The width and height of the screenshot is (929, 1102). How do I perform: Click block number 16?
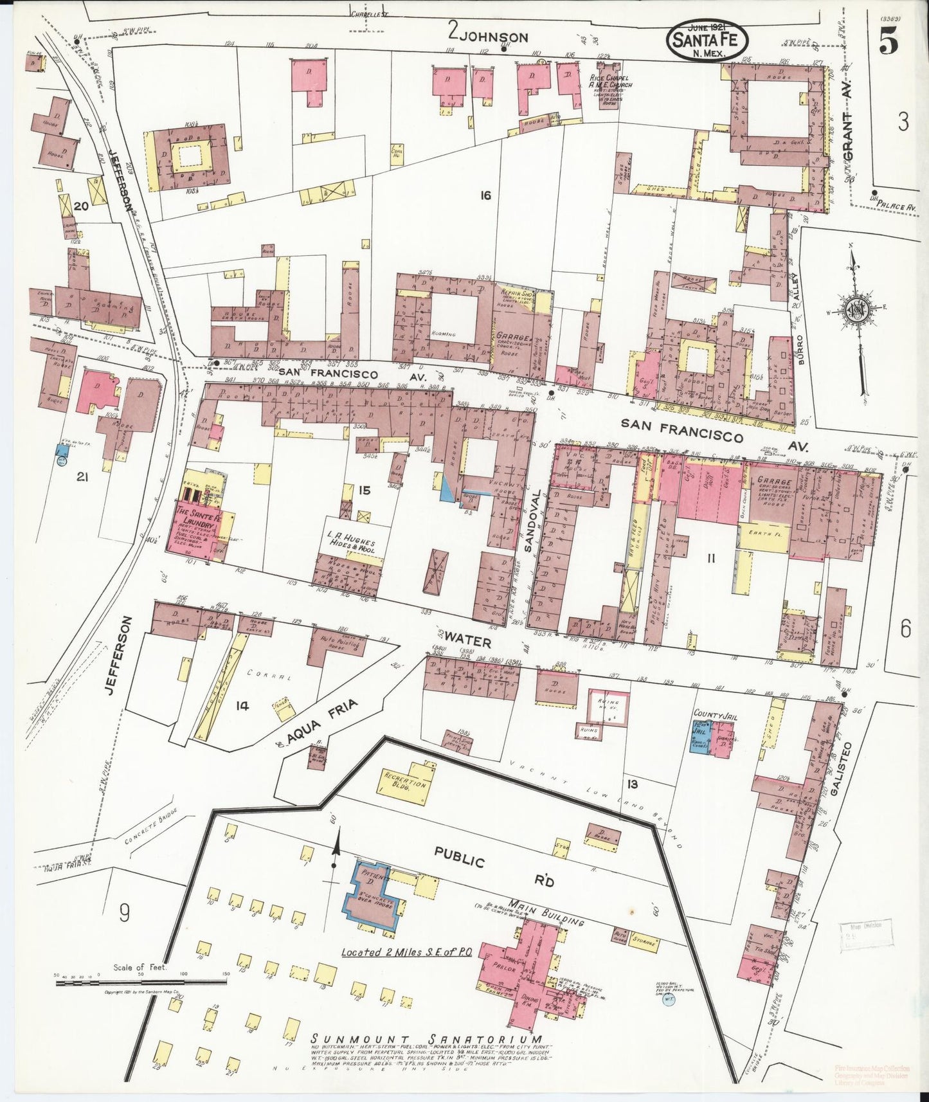(485, 195)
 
